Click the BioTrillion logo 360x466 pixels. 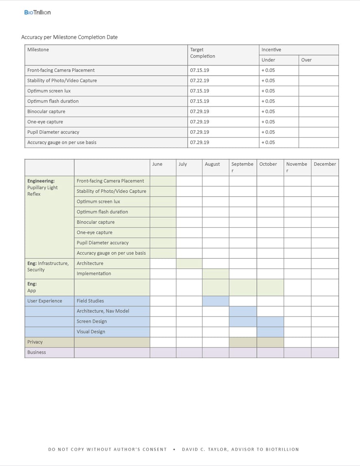pos(37,12)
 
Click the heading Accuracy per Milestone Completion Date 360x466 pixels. pos(69,37)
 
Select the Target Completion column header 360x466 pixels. pos(202,53)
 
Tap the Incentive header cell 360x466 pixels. pos(271,50)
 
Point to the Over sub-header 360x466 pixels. pos(306,60)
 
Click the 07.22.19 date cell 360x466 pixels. pos(200,80)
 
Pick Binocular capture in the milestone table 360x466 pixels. pos(46,111)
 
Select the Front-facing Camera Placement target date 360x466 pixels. pos(200,70)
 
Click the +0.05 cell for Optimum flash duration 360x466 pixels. pos(268,101)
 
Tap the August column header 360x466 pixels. pos(212,164)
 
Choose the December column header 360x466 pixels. pos(325,164)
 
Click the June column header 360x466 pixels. pos(157,164)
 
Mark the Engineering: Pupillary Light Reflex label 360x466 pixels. pos(42,187)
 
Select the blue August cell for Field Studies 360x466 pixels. pos(215,301)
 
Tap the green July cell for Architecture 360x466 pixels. pos(189,263)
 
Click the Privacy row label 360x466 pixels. pos(35,342)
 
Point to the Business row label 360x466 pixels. pos(37,352)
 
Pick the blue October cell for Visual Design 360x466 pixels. pos(270,332)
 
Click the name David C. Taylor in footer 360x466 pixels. pos(211,449)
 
